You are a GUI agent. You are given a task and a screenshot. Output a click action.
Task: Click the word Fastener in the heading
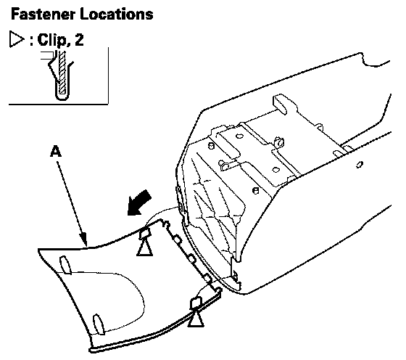(43, 14)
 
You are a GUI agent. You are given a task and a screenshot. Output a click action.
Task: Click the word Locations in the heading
(117, 14)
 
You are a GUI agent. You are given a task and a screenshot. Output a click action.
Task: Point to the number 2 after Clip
(79, 40)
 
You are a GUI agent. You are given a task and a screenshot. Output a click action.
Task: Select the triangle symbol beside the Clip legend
(16, 39)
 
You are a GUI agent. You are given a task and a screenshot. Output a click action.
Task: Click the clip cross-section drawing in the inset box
(60, 75)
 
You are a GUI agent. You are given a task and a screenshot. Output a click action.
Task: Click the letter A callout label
(56, 151)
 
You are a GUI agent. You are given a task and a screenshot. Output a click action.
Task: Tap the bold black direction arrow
(138, 202)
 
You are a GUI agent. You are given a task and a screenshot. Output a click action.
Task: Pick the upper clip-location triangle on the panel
(144, 248)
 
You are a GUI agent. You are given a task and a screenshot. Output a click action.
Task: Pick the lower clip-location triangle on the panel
(196, 319)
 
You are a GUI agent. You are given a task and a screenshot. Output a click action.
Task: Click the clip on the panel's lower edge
(196, 303)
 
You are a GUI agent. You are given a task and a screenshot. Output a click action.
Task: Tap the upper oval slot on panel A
(65, 265)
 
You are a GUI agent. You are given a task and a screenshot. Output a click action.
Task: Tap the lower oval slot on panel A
(99, 324)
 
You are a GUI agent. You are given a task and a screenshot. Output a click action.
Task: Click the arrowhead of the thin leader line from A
(84, 239)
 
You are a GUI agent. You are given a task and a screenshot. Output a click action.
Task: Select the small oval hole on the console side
(360, 164)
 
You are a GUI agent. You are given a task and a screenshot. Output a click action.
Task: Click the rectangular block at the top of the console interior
(281, 104)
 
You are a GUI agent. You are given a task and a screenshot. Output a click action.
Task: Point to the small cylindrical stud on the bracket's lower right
(255, 190)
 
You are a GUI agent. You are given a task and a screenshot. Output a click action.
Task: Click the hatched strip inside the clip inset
(62, 72)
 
